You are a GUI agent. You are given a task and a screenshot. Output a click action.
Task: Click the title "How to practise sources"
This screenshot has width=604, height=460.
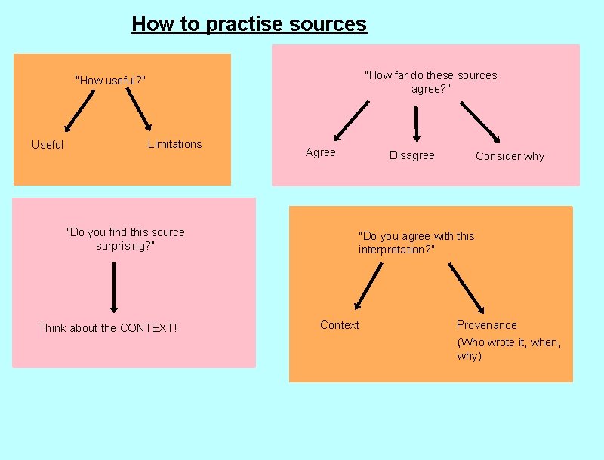[x=248, y=24]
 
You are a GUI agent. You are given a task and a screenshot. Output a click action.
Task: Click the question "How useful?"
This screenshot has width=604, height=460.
[x=110, y=81]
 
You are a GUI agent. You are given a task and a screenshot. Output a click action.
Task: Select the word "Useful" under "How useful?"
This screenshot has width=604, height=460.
[x=48, y=145]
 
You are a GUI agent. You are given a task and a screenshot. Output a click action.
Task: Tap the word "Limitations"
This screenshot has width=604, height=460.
[x=174, y=144]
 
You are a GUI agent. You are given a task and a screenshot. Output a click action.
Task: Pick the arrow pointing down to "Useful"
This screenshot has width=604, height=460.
[x=79, y=111]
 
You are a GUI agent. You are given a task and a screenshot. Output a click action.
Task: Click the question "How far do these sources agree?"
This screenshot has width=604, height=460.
[x=430, y=81]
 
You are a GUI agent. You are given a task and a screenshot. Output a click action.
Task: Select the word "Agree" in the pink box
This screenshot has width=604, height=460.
[x=320, y=152]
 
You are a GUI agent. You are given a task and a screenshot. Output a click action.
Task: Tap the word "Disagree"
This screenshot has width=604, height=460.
[x=411, y=155]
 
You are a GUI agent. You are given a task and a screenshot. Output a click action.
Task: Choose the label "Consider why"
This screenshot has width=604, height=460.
[x=510, y=156]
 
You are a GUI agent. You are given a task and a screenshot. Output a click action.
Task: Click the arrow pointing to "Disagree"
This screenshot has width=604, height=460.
[x=416, y=122]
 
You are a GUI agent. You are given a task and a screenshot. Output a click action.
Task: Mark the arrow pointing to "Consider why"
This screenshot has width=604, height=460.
[x=479, y=121]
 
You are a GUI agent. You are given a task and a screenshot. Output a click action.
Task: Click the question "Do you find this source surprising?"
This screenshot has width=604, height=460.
[x=125, y=239]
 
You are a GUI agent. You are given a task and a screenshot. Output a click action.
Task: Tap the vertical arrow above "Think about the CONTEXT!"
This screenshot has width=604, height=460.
[x=114, y=287]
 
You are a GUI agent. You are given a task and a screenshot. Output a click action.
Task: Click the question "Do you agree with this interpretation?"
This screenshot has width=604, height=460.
[x=416, y=243]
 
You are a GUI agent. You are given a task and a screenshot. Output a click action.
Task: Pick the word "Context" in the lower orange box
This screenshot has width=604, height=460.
[x=340, y=325]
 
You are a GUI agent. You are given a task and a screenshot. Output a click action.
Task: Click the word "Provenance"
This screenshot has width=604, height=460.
[x=486, y=325]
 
